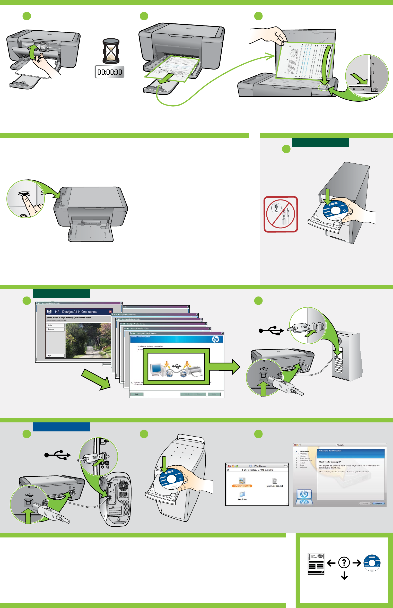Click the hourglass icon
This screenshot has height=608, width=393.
(x=111, y=51)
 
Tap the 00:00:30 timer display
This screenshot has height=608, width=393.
(x=110, y=72)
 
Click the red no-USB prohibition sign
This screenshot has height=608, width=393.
(x=281, y=214)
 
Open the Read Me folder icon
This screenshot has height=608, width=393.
(x=242, y=494)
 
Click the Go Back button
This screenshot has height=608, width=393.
(x=365, y=503)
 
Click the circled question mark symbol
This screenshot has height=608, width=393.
(x=344, y=562)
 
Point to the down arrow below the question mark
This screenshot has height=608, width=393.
(x=344, y=576)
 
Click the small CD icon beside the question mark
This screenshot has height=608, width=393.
(x=372, y=563)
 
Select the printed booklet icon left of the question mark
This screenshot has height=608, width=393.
(x=316, y=563)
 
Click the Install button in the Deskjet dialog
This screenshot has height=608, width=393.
(x=55, y=325)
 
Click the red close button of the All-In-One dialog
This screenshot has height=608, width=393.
(x=110, y=312)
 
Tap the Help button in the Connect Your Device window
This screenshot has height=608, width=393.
(x=137, y=394)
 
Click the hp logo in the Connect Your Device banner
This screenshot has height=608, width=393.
(x=215, y=339)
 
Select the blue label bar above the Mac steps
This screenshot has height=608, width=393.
(x=61, y=427)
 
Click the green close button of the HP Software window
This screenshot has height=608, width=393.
(x=237, y=466)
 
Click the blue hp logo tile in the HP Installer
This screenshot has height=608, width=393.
(x=304, y=494)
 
